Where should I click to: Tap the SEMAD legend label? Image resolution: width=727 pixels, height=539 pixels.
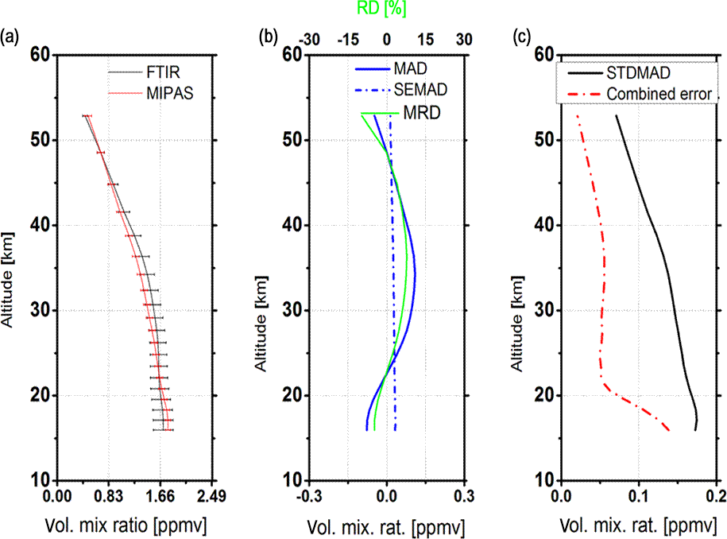420,88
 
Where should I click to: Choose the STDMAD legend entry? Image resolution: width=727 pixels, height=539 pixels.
638,73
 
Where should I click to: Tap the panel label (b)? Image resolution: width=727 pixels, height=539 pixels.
269,36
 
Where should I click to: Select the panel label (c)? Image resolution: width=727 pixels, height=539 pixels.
522,36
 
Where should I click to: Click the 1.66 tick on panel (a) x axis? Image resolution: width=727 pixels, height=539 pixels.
160,497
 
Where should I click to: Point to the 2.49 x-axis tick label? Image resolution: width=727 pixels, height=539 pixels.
212,497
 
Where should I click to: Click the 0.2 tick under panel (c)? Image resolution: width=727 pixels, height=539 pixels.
716,497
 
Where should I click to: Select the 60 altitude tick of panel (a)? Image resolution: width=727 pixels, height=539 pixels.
41,55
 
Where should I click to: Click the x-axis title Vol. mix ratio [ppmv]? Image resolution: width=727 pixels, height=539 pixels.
133,526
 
